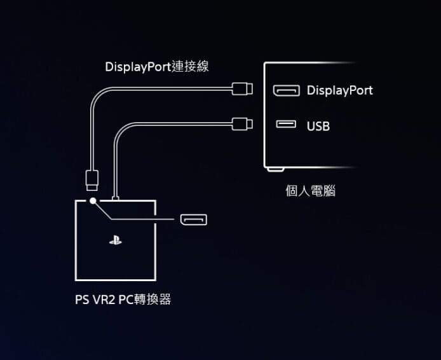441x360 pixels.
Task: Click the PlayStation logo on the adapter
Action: (x=115, y=242)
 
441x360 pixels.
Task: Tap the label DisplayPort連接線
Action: (x=156, y=67)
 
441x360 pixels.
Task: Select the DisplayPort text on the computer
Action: (x=339, y=90)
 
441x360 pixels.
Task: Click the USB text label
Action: (x=318, y=126)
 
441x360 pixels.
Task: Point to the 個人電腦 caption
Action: (x=310, y=191)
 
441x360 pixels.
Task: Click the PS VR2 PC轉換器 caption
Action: (x=123, y=300)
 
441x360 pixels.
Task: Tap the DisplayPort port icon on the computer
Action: (x=286, y=90)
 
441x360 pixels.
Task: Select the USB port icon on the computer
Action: (x=286, y=124)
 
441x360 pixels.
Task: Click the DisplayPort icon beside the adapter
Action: (x=193, y=220)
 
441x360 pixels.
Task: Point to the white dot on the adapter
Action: (x=93, y=201)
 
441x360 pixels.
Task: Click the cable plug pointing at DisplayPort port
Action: (x=243, y=88)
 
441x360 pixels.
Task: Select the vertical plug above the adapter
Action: (x=92, y=179)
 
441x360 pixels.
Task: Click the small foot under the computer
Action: (x=275, y=170)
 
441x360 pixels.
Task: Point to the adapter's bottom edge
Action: (x=115, y=279)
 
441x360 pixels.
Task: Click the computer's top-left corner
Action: (x=266, y=63)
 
